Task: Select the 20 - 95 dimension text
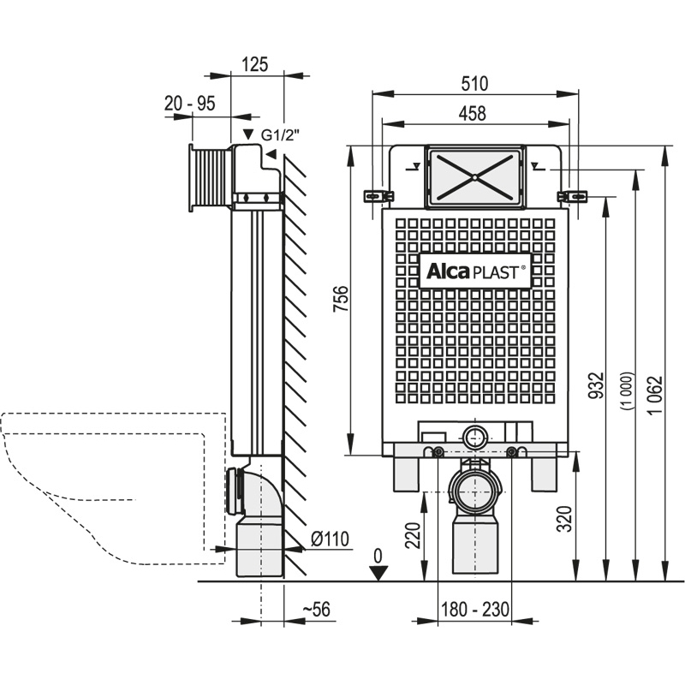click(x=190, y=103)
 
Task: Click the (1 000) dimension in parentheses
click(x=626, y=393)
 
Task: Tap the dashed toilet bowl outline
click(x=103, y=488)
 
